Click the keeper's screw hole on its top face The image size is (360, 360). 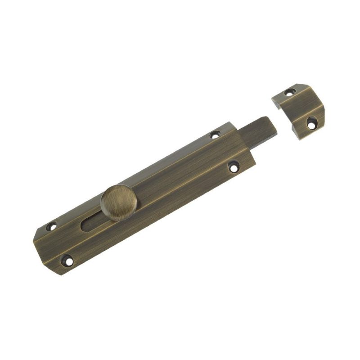[x=288, y=93]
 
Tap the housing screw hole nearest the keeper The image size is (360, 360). [x=216, y=134]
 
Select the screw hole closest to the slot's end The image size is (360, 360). [x=53, y=226]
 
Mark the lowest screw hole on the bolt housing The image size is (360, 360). [x=67, y=260]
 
